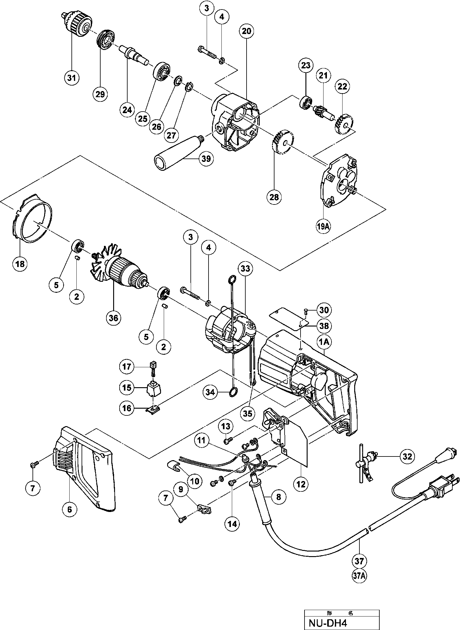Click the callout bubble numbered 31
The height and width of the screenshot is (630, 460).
[x=71, y=78]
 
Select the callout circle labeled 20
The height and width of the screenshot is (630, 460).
[x=246, y=31]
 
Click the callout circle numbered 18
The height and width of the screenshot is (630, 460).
[x=20, y=263]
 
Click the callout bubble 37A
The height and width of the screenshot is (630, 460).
[x=359, y=575]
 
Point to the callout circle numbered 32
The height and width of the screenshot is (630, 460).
[x=407, y=456]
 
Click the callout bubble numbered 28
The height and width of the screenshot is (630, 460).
[x=274, y=197]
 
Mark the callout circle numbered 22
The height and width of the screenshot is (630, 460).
[x=342, y=87]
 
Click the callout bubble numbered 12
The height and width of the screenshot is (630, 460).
[x=301, y=484]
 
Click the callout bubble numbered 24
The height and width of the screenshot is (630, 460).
[x=127, y=109]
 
